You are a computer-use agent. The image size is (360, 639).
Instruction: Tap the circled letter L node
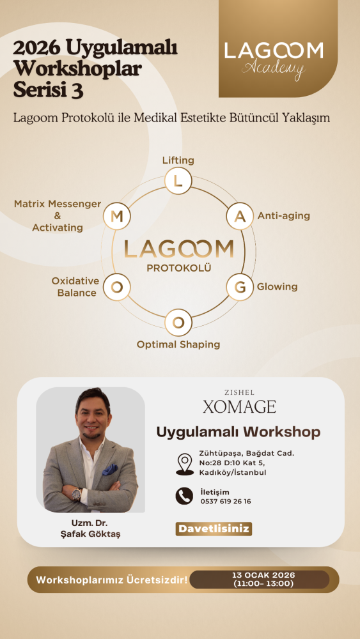(178, 181)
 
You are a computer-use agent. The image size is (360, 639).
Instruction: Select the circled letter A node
(240, 217)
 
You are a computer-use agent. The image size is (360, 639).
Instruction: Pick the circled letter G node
(240, 288)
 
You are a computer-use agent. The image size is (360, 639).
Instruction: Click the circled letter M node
(116, 217)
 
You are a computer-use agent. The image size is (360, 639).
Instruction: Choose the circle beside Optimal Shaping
(178, 323)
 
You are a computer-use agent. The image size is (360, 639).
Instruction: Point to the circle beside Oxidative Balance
(116, 288)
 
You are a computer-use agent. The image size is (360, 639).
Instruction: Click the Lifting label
(178, 160)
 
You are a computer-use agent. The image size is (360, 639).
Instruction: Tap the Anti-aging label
(284, 216)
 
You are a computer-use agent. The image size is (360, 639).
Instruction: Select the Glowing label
(278, 287)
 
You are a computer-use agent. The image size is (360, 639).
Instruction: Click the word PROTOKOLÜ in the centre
(178, 268)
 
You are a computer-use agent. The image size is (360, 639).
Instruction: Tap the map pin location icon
(185, 464)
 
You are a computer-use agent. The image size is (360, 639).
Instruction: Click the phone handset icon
(184, 496)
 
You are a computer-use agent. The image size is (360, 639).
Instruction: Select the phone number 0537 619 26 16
(226, 501)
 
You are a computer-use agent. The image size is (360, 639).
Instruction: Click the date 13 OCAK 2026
(263, 575)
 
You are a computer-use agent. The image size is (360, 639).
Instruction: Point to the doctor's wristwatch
(77, 493)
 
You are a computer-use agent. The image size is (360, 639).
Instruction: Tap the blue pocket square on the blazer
(110, 470)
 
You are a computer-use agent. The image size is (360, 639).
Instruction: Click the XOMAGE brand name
(239, 406)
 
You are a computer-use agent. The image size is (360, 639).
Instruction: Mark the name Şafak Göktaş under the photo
(90, 534)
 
